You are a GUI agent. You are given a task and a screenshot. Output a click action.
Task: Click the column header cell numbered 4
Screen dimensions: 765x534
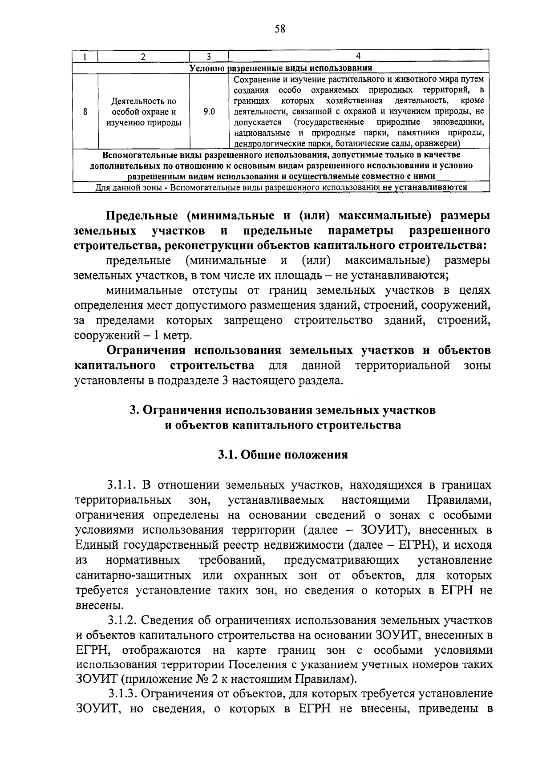pos(358,56)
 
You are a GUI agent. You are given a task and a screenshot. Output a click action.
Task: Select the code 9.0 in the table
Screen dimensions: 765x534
pos(209,112)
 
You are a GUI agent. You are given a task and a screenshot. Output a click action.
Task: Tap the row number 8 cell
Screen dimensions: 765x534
pos(85,112)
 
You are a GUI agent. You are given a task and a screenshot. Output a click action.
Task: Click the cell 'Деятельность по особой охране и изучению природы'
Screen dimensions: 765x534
pos(144,112)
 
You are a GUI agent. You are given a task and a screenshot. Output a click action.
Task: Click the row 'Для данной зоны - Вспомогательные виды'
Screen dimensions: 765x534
pos(281,187)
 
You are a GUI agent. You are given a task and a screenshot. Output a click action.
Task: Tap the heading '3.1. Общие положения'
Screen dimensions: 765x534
pos(283,455)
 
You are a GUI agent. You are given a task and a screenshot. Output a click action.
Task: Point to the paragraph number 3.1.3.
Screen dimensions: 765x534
pos(125,693)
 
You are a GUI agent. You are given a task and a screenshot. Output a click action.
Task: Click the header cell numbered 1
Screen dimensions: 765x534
pos(85,57)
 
